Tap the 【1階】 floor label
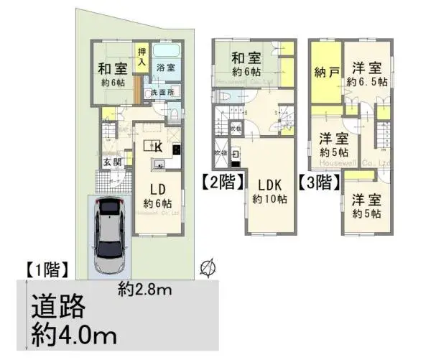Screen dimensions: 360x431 point(47,272)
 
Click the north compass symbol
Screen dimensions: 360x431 point(208,268)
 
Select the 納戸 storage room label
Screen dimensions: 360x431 point(325,73)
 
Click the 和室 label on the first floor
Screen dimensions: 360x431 point(112,70)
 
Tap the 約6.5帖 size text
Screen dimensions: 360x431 point(366,83)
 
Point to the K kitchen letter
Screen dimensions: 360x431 point(157,146)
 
